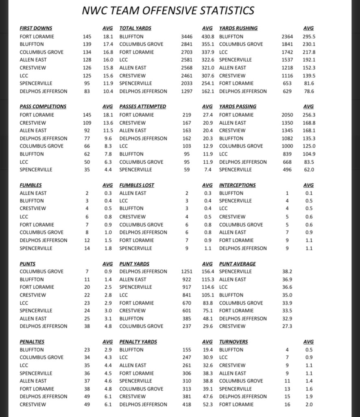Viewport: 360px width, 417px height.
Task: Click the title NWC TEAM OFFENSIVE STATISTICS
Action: (168, 11)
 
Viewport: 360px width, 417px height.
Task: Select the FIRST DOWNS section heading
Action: (36, 28)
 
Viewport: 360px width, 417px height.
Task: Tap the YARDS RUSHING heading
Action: (238, 28)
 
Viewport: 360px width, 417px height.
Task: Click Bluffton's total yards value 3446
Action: (187, 36)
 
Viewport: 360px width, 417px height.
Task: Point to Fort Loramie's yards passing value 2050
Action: (287, 115)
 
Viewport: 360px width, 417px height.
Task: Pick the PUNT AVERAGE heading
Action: (237, 263)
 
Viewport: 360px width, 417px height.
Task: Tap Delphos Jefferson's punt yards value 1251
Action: (187, 271)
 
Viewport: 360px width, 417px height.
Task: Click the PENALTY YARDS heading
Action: (137, 342)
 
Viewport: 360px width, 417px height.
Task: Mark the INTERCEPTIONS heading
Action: (237, 185)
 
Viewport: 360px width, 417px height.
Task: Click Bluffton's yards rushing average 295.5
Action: (309, 36)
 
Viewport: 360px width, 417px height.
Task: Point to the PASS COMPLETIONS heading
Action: (43, 106)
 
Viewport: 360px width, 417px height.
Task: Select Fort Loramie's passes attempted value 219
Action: (186, 115)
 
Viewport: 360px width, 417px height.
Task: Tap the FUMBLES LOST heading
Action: (137, 185)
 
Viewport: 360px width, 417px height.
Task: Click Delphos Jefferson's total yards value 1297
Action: (187, 91)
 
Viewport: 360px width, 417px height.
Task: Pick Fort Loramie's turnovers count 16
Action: (287, 404)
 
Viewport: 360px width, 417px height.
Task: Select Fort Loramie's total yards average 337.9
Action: (208, 52)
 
